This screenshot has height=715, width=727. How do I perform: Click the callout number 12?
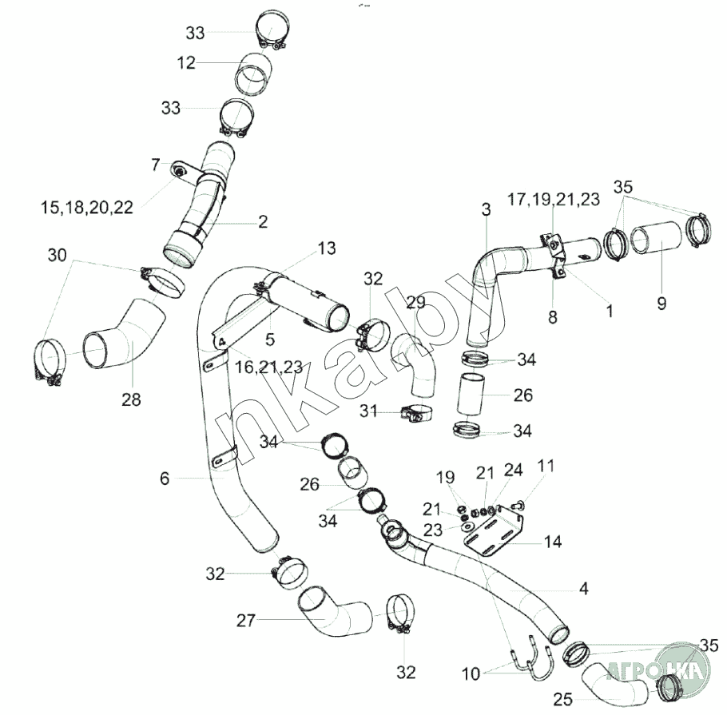coord(186,62)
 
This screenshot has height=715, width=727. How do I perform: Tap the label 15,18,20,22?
coord(87,208)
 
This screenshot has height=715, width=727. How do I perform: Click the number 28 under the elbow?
coord(131,399)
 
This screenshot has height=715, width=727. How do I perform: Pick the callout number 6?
coord(165,479)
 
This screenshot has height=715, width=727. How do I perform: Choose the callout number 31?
coord(367,412)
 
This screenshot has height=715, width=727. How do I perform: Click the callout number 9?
coord(661,304)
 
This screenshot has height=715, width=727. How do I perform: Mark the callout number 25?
coord(562,701)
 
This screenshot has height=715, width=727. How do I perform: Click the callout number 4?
coord(584,590)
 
